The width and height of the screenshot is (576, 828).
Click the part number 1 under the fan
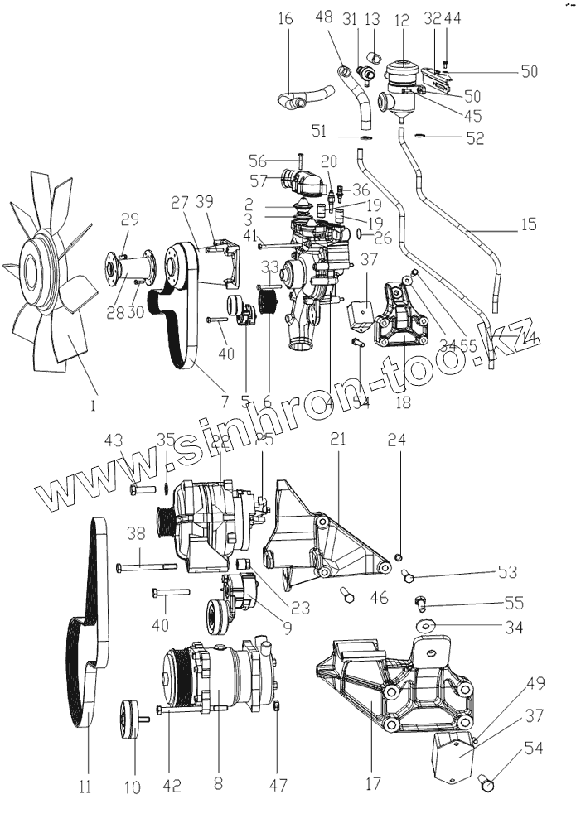(x=94, y=406)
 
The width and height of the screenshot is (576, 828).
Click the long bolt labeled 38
(x=146, y=567)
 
